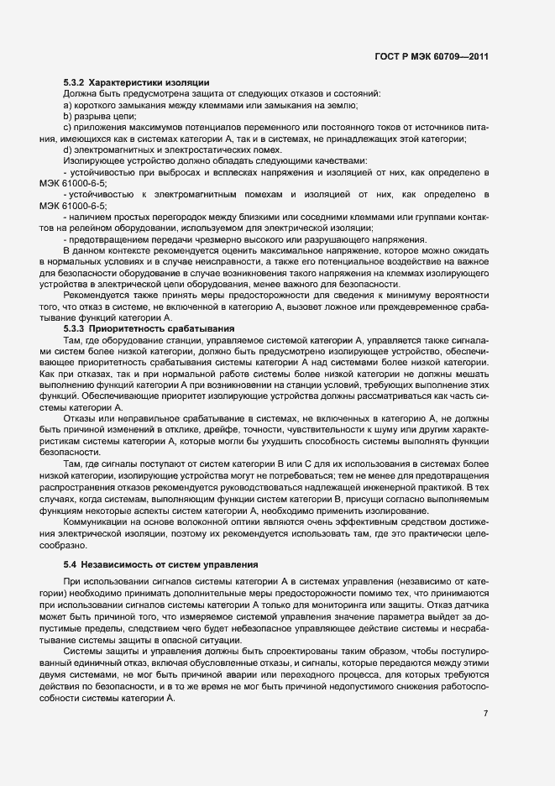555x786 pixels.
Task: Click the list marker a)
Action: [x=68, y=104]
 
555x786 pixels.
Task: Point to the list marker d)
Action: [x=68, y=149]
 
